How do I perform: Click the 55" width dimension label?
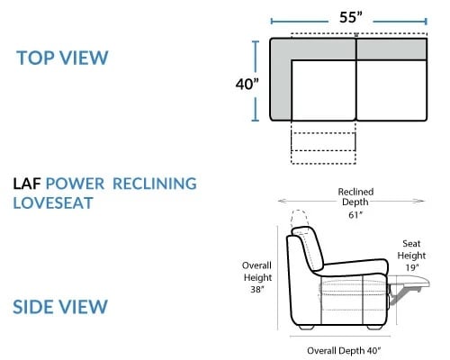click(x=351, y=17)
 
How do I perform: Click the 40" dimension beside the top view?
click(x=247, y=84)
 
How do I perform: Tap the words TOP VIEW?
click(x=62, y=58)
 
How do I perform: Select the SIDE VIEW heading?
click(x=60, y=307)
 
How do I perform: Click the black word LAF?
click(x=27, y=184)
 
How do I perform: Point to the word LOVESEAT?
click(x=53, y=203)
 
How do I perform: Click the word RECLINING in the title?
click(x=155, y=184)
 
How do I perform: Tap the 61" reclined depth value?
click(x=355, y=215)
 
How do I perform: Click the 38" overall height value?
click(x=257, y=289)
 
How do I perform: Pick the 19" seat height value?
click(x=412, y=267)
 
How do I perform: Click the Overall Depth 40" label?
click(x=344, y=350)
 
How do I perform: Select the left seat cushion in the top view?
click(x=323, y=91)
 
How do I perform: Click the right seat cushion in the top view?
click(x=391, y=91)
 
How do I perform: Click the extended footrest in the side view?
click(x=409, y=283)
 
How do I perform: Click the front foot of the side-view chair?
click(x=375, y=328)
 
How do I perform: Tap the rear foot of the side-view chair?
click(x=306, y=328)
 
